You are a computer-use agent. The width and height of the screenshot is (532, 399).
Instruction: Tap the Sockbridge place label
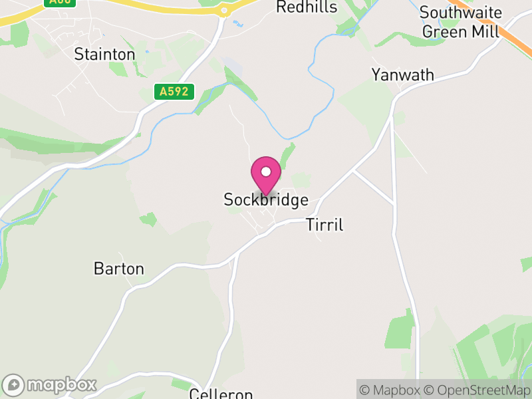click(266, 199)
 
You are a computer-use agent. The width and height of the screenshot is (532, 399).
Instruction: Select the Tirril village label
click(325, 225)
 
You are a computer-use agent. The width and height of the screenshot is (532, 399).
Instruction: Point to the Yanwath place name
click(403, 74)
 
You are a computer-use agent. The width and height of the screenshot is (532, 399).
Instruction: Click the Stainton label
click(104, 54)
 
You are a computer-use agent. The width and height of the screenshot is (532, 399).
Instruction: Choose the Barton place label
click(119, 269)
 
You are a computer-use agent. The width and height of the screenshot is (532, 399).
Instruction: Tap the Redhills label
click(307, 7)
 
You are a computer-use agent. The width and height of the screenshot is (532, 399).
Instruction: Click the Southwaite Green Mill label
click(460, 22)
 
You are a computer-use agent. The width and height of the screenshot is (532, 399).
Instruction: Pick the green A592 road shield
click(174, 92)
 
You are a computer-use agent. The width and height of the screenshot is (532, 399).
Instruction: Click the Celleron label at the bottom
click(221, 394)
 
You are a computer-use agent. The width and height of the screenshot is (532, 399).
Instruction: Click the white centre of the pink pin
click(266, 172)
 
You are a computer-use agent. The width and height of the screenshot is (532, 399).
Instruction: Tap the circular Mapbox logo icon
click(14, 385)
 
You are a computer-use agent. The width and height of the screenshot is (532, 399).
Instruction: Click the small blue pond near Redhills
click(238, 24)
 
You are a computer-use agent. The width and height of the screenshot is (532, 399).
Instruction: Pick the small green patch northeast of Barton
click(148, 219)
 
